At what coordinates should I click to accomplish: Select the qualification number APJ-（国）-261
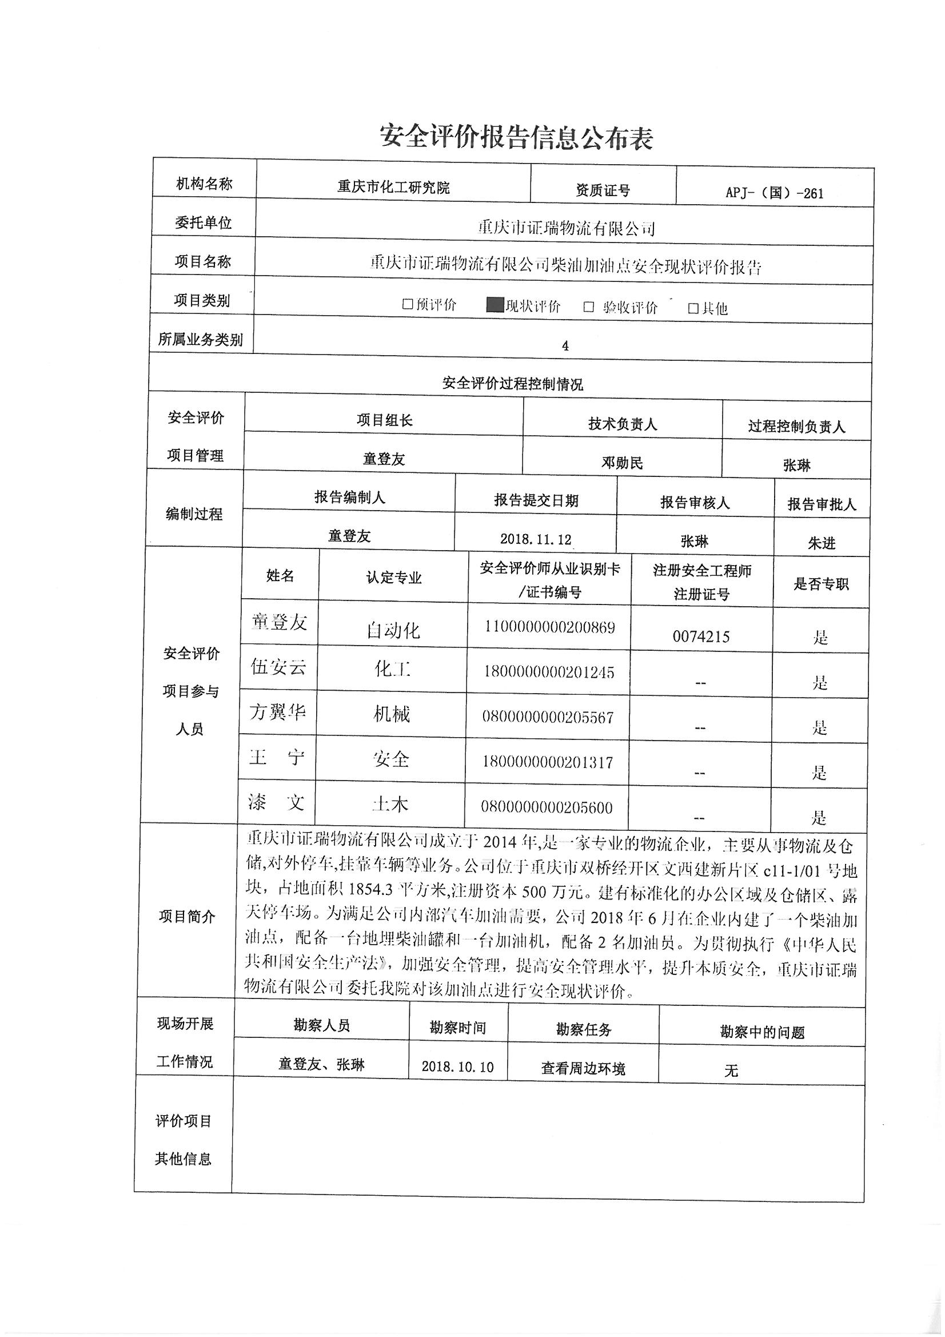click(775, 193)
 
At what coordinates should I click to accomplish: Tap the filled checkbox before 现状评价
click(495, 305)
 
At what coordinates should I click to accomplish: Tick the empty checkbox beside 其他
click(693, 308)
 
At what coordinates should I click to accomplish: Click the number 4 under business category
click(565, 346)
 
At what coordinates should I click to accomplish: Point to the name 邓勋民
click(622, 463)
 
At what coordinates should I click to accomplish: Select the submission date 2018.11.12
click(535, 539)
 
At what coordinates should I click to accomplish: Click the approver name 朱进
click(821, 543)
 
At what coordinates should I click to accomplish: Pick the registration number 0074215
click(700, 636)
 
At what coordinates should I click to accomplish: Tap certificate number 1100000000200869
click(549, 627)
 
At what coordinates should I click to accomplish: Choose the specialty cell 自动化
click(393, 630)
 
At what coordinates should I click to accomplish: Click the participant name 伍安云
click(278, 667)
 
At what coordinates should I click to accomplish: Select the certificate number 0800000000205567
click(547, 718)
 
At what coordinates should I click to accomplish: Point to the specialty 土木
click(390, 804)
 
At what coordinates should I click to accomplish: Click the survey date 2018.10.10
click(457, 1066)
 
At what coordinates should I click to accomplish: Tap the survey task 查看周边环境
click(583, 1068)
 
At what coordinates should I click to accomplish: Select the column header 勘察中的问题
click(761, 1032)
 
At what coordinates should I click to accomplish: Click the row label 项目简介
click(187, 917)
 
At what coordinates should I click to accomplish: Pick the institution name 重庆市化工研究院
click(393, 188)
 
